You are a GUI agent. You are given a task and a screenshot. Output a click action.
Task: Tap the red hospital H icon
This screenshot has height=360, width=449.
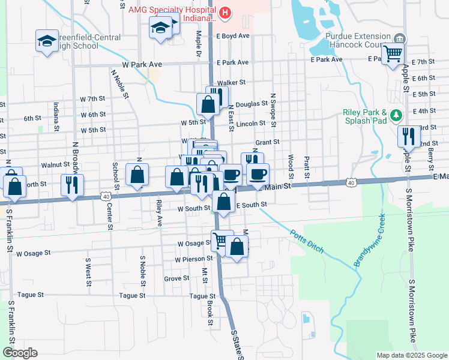225,12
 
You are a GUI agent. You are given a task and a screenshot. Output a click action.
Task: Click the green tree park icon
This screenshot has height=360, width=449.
396,115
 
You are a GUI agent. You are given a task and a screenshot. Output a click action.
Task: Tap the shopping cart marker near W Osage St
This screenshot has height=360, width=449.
221,241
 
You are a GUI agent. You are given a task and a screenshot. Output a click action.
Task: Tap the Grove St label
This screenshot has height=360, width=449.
177,279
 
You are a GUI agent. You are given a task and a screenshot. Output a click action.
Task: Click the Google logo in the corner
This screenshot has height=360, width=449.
20,353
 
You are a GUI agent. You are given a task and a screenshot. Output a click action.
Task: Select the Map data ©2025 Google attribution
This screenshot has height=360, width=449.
412,355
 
